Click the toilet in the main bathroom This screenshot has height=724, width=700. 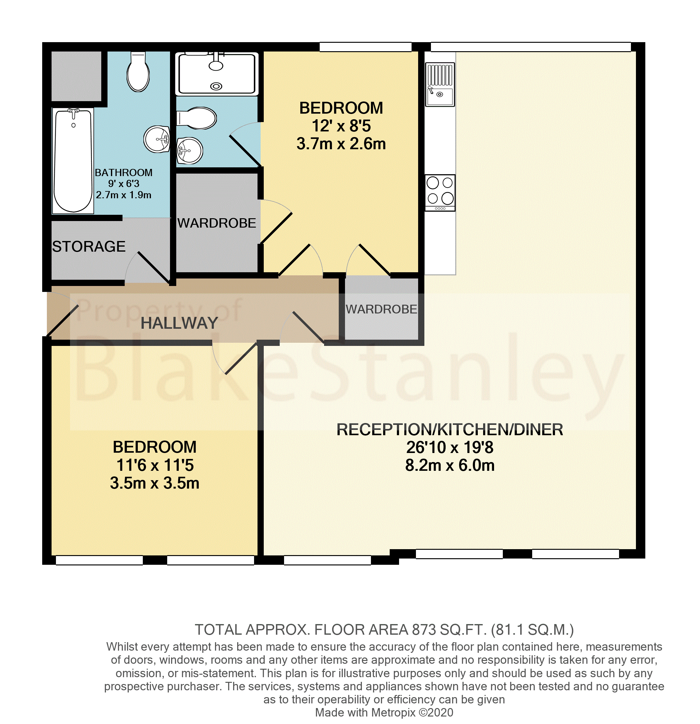point(138,73)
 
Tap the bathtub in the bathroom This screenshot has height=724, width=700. point(73,161)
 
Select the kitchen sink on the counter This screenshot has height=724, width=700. point(440,85)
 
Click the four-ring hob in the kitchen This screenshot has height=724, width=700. point(440,191)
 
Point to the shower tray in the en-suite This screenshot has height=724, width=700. point(217,73)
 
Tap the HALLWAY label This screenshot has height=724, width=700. point(179,323)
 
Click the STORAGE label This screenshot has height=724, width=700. point(89,246)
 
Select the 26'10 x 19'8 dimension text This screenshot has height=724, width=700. point(450,447)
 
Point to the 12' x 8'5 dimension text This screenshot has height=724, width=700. point(341,126)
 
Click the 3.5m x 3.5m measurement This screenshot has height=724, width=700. point(155,483)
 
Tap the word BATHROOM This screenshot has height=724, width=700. point(123,173)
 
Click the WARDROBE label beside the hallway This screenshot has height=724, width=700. point(381,309)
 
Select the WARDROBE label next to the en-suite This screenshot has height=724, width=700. point(217,223)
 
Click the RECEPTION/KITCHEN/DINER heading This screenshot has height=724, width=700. point(450,430)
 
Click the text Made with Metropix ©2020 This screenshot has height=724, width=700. point(384,712)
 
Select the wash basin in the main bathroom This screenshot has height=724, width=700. point(157,139)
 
